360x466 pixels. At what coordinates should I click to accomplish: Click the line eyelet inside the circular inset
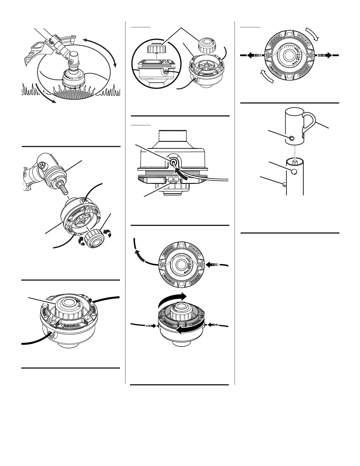[x=166, y=71]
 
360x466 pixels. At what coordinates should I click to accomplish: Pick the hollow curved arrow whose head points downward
[x=312, y=34]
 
